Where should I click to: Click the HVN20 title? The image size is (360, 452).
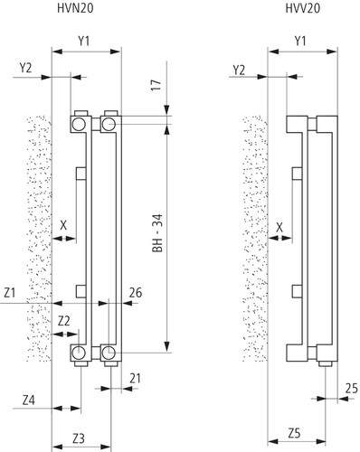tap(75, 8)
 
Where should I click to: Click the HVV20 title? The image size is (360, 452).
tap(303, 8)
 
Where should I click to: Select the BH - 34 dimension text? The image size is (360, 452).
tap(157, 233)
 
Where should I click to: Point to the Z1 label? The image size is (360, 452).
tap(10, 293)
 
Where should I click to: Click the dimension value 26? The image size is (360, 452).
tap(136, 293)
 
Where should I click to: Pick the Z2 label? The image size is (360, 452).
tap(64, 321)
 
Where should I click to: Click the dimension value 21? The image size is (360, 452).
tap(135, 378)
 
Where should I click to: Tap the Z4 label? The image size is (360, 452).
tap(29, 400)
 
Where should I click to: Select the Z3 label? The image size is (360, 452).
tap(79, 439)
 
